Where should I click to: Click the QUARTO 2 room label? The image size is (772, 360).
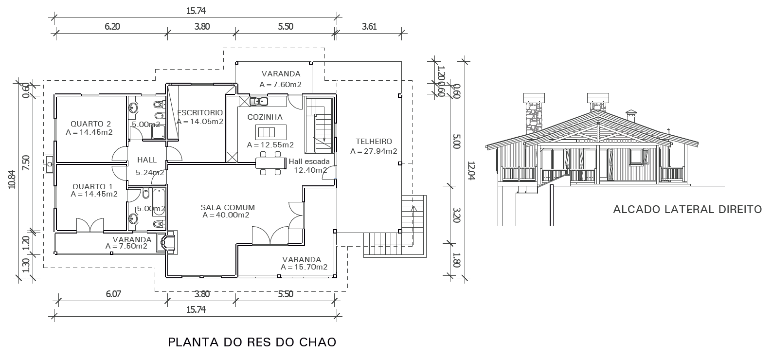(x=90, y=124)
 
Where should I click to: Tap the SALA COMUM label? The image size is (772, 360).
(x=228, y=208)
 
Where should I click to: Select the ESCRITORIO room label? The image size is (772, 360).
(x=200, y=113)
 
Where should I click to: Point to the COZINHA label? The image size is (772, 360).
(x=265, y=117)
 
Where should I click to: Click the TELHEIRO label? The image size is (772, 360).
(x=374, y=142)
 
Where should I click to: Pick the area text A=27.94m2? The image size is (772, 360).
(x=374, y=151)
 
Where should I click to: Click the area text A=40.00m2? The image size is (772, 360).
(x=226, y=215)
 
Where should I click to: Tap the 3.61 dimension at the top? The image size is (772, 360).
(x=369, y=27)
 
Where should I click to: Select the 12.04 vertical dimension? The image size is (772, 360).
(x=471, y=170)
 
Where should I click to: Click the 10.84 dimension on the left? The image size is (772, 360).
(x=13, y=180)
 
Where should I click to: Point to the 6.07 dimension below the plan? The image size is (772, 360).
(x=113, y=294)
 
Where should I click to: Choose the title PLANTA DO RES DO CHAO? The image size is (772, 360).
(x=252, y=342)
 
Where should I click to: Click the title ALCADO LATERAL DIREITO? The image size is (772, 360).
(x=687, y=209)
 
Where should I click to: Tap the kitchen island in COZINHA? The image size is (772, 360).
(x=271, y=132)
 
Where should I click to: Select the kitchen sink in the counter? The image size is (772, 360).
(x=258, y=102)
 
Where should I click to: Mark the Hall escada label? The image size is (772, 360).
(x=309, y=162)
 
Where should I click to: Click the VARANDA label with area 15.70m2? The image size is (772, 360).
(x=302, y=260)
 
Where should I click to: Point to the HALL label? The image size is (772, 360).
(x=147, y=160)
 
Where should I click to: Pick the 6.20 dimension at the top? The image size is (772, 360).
(x=112, y=27)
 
